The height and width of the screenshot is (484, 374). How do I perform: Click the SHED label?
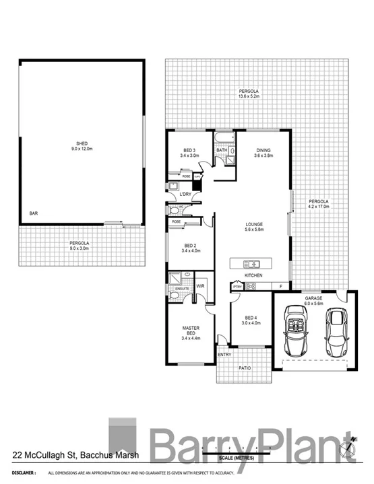82,143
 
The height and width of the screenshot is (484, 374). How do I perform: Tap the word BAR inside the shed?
33,213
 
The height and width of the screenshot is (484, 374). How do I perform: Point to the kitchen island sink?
257,264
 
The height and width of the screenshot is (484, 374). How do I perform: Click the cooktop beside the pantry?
251,287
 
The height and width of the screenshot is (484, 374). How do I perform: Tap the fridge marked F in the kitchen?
280,287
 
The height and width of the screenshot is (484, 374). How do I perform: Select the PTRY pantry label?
237,287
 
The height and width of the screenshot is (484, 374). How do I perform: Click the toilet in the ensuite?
174,296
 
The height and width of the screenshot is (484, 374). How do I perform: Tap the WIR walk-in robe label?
200,286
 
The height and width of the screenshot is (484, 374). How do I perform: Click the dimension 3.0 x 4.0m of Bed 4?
251,322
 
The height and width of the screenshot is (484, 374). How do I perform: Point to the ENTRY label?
224,355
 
